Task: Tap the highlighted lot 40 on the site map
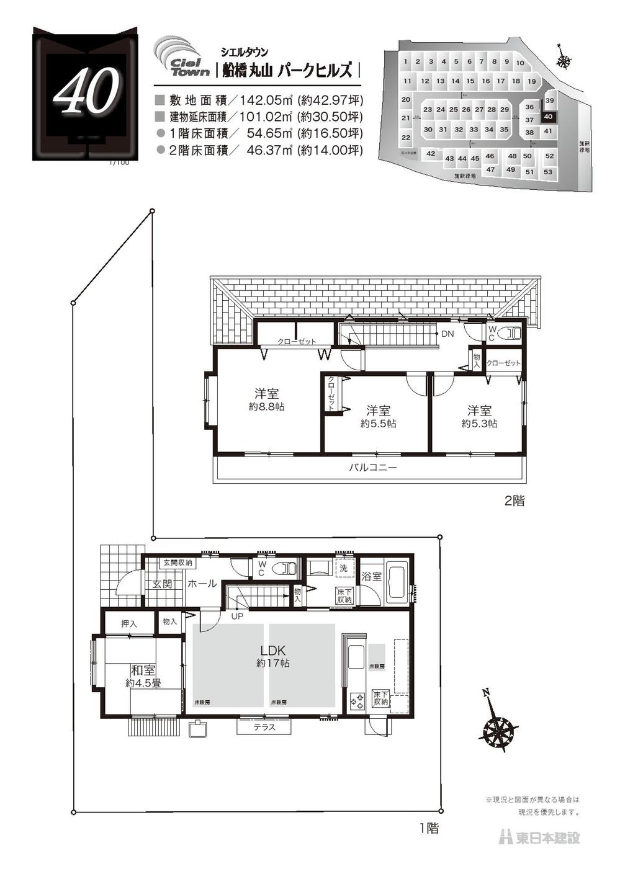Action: click(x=547, y=117)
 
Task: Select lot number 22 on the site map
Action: click(x=406, y=138)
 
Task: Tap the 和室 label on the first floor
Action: click(x=143, y=670)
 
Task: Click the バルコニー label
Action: click(x=372, y=467)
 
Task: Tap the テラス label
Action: click(x=264, y=727)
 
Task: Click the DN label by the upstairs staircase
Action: click(x=447, y=334)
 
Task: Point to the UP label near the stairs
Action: click(x=237, y=617)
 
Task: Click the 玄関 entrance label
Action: click(x=163, y=584)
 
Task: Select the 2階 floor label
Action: click(x=514, y=501)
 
